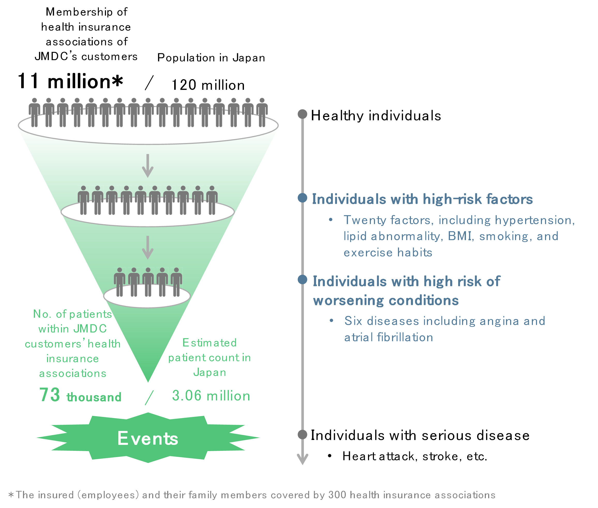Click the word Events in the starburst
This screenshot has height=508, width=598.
pyautogui.click(x=148, y=438)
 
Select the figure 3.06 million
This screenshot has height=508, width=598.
pyautogui.click(x=211, y=396)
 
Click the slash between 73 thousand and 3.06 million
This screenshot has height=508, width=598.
pyautogui.click(x=149, y=397)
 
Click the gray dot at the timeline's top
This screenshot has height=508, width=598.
pyautogui.click(x=302, y=114)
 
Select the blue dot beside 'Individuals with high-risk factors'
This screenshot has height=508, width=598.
pyautogui.click(x=302, y=198)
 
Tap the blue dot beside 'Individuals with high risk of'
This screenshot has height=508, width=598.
pyautogui.click(x=302, y=279)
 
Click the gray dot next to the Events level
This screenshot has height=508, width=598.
pyautogui.click(x=302, y=435)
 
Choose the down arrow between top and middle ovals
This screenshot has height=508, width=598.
pyautogui.click(x=148, y=166)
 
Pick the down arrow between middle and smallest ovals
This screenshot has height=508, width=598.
pyautogui.click(x=148, y=248)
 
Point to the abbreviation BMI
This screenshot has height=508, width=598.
pyautogui.click(x=460, y=236)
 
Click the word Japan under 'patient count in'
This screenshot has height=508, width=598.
pyautogui.click(x=210, y=372)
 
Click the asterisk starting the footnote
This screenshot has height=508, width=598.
pyautogui.click(x=11, y=495)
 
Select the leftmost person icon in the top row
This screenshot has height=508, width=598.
pyautogui.click(x=34, y=112)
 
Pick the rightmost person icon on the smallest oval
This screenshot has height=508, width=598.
pyautogui.click(x=176, y=282)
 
